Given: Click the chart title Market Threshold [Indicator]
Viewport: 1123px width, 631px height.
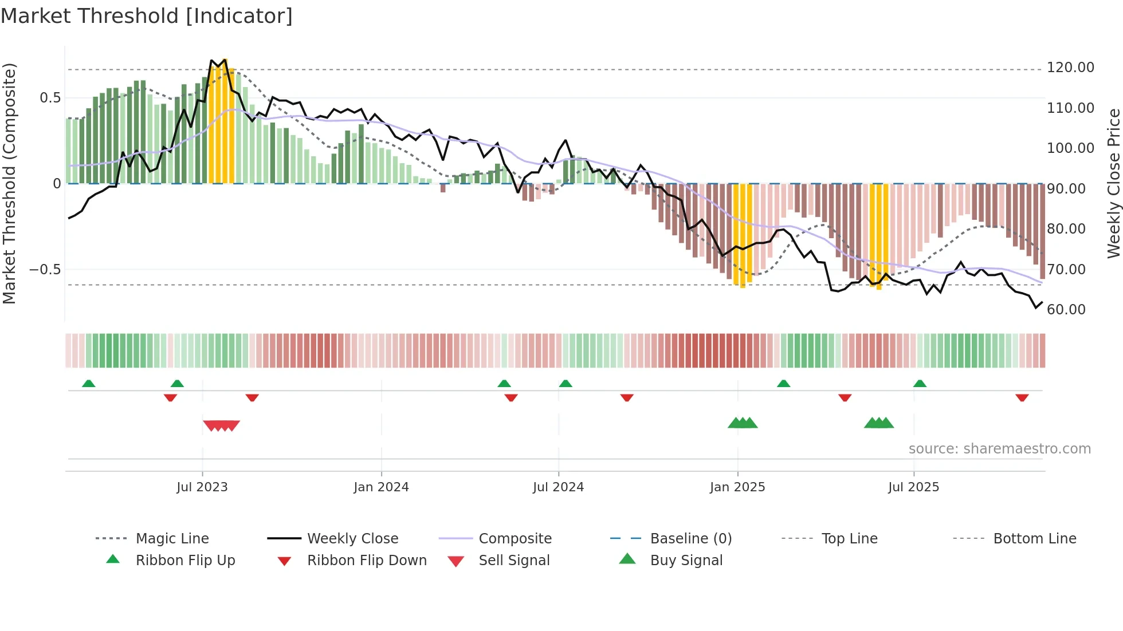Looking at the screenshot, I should pyautogui.click(x=147, y=16).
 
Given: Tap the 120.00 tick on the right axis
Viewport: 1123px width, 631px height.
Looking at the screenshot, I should pyautogui.click(x=1070, y=68).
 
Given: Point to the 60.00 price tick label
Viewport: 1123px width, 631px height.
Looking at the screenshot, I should pyautogui.click(x=1066, y=310).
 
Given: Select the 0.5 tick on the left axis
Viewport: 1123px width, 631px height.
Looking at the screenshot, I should pyautogui.click(x=50, y=98).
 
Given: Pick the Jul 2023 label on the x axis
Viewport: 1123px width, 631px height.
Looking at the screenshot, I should pyautogui.click(x=202, y=487).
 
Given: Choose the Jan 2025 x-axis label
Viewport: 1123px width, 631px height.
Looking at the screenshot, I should pyautogui.click(x=737, y=487).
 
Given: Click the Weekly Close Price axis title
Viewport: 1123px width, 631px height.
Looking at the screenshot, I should pyautogui.click(x=1113, y=183).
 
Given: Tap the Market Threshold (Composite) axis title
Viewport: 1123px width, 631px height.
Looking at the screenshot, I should pyautogui.click(x=9, y=183).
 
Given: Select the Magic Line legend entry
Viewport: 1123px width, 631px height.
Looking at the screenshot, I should pyautogui.click(x=172, y=539).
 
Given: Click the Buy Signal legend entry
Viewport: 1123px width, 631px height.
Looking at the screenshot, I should pyautogui.click(x=686, y=561).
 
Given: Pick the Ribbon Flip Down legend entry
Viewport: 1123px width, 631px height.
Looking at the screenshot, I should pyautogui.click(x=367, y=561).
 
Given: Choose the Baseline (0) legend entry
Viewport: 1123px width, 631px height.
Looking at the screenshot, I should pyautogui.click(x=690, y=539).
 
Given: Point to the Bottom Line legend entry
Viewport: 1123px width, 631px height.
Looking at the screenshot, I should pyautogui.click(x=1034, y=539).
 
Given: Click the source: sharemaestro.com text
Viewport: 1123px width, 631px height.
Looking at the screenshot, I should pyautogui.click(x=999, y=449).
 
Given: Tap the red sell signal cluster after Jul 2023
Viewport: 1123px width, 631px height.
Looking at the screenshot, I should pyautogui.click(x=221, y=425).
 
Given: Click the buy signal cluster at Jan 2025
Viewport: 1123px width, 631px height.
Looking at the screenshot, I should pyautogui.click(x=743, y=423).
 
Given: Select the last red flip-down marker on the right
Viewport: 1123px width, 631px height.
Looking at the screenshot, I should pyautogui.click(x=1022, y=397).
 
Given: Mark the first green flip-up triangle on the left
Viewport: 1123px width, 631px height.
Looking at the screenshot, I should pyautogui.click(x=89, y=384).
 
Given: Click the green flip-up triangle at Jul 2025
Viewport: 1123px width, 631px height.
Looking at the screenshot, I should pyautogui.click(x=920, y=384).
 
